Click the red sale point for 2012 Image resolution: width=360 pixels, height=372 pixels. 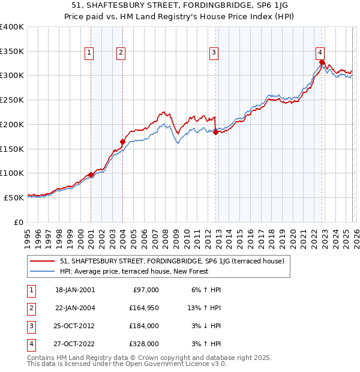pyautogui.click(x=215, y=133)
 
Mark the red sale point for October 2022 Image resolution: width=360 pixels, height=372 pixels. pyautogui.click(x=322, y=62)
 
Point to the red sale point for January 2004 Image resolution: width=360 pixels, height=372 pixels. pyautogui.click(x=122, y=142)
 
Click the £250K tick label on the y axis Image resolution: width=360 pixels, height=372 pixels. pyautogui.click(x=11, y=100)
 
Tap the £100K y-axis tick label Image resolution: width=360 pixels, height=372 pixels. pyautogui.click(x=11, y=173)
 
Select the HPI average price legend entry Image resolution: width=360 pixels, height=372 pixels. pyautogui.click(x=133, y=271)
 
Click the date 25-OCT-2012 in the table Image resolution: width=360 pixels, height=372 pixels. pyautogui.click(x=74, y=326)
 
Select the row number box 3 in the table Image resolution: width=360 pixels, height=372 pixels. pyautogui.click(x=30, y=326)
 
